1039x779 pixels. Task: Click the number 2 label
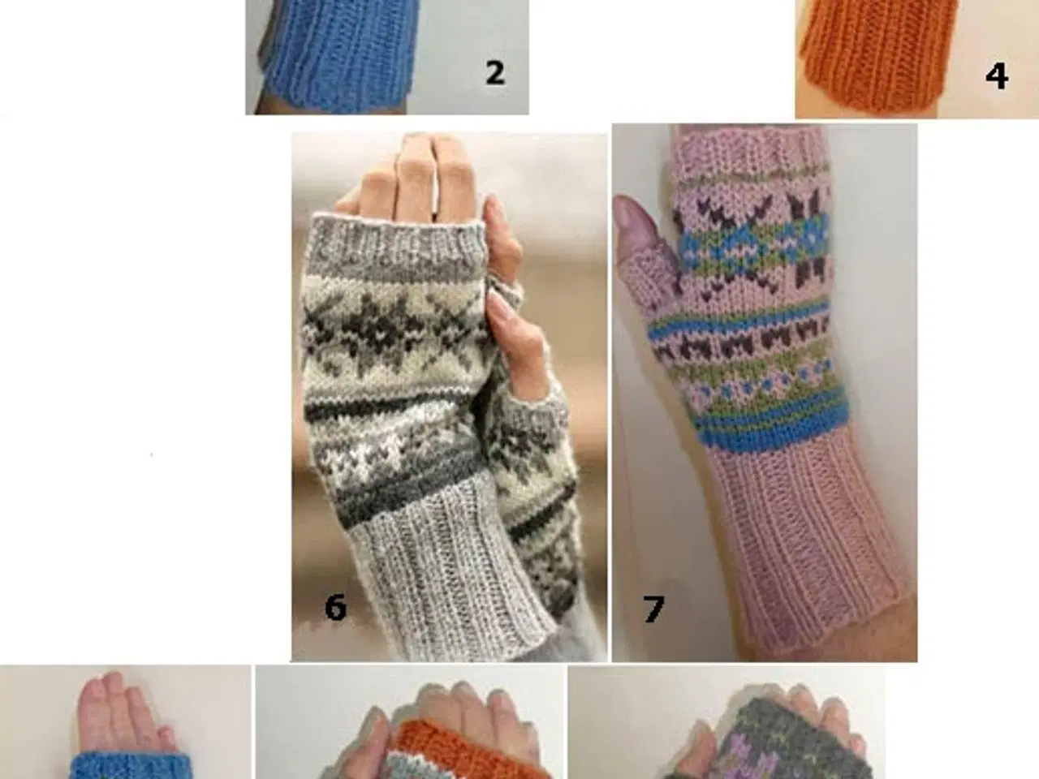[x=495, y=73]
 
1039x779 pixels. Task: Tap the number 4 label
[x=997, y=76]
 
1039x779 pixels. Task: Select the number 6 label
[x=335, y=607]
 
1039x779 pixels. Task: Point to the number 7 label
[x=653, y=609]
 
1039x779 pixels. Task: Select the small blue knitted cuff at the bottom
[x=132, y=766]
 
